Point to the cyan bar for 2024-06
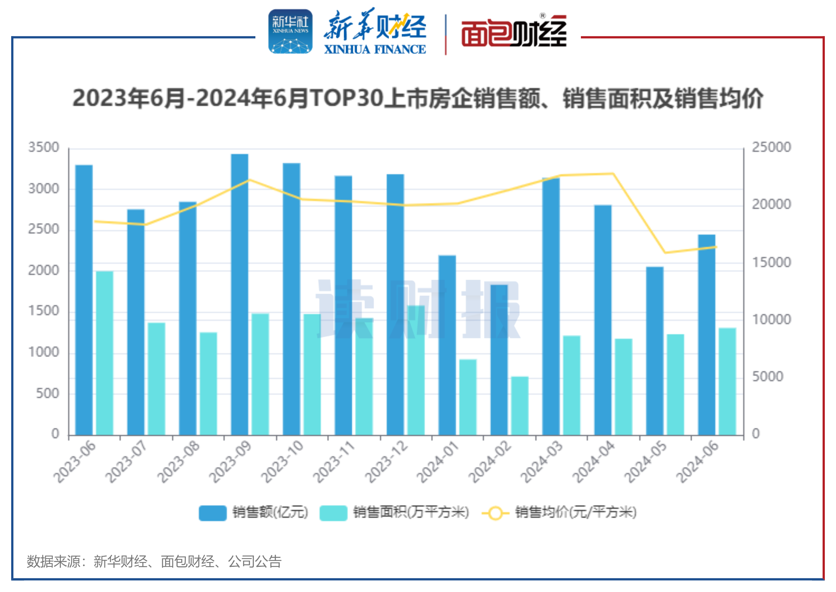coord(727,381)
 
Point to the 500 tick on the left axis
coord(47,393)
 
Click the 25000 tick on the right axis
coord(771,147)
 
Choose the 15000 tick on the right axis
coord(771,262)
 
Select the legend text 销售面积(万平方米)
coord(411,512)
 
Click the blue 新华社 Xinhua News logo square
coord(290,31)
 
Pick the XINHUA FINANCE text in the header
coord(375,49)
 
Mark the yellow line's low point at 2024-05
coord(665,253)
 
